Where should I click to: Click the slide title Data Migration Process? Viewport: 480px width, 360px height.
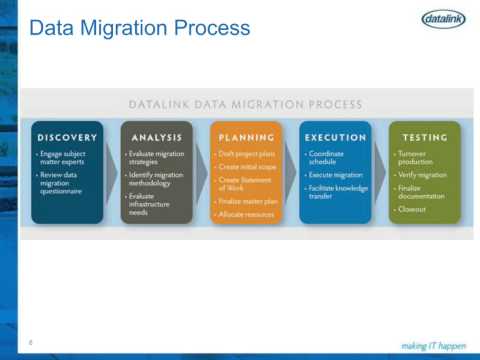(139, 27)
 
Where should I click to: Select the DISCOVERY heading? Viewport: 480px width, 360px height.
(67, 137)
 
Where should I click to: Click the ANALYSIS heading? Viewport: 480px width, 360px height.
(156, 137)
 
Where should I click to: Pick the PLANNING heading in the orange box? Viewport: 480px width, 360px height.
(246, 137)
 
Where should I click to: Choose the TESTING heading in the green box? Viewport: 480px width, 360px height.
(425, 137)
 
